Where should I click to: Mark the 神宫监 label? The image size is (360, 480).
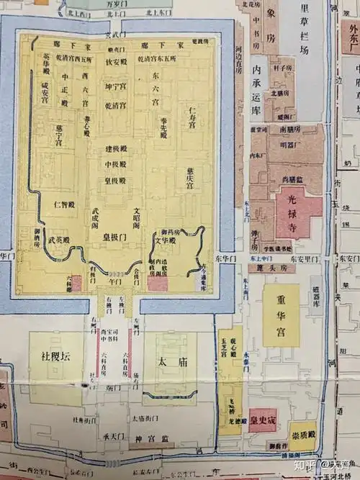154,438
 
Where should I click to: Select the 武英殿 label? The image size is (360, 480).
59,240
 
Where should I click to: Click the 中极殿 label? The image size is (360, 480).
117,163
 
